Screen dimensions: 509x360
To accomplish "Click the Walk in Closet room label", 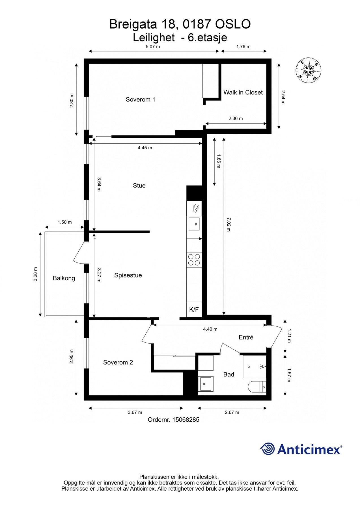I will tap(243, 92).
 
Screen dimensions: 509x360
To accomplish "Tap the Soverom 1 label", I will tap(140, 100).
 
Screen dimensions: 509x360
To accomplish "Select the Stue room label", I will tap(139, 186).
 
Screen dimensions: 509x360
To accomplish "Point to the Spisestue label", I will tap(128, 275).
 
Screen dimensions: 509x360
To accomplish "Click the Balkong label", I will tap(64, 278).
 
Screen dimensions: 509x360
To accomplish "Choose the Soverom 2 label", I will tap(118, 362).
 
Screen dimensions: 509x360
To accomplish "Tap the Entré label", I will tap(246, 337).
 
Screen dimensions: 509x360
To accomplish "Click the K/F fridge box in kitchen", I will tap(194, 309).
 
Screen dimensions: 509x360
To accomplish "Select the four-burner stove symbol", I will tap(194, 260).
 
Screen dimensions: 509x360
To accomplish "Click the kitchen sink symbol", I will tap(194, 224).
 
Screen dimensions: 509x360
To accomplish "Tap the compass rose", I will tap(308, 70).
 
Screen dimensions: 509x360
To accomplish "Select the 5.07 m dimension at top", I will tap(153, 47).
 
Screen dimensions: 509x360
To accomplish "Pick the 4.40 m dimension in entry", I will tap(210, 329).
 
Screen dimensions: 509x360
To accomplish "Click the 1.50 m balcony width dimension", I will tap(64, 222).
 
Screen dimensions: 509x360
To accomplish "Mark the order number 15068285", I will tap(173, 420).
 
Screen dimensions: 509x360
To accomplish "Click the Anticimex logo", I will tap(301, 449).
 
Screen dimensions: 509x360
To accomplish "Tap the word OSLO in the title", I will tap(233, 24).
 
